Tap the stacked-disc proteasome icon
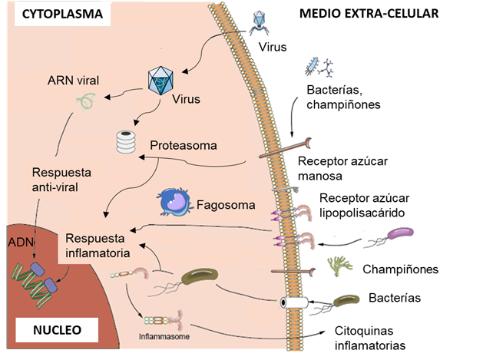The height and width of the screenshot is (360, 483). pyautogui.click(x=123, y=143)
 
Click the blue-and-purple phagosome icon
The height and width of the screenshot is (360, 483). pyautogui.click(x=174, y=202)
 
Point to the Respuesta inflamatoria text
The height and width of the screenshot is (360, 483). pyautogui.click(x=97, y=244)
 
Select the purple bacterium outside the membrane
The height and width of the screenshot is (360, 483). pyautogui.click(x=400, y=235)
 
